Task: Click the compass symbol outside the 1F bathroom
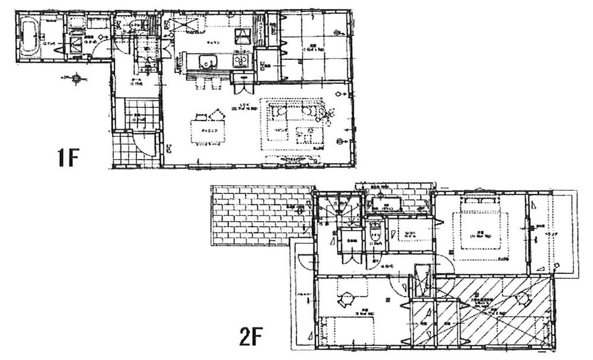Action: click(x=76, y=78)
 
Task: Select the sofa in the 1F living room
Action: click(x=295, y=111)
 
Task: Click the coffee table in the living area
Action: click(x=308, y=135)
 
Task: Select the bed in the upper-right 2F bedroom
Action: click(x=481, y=228)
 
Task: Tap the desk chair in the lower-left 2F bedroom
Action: click(x=346, y=299)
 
